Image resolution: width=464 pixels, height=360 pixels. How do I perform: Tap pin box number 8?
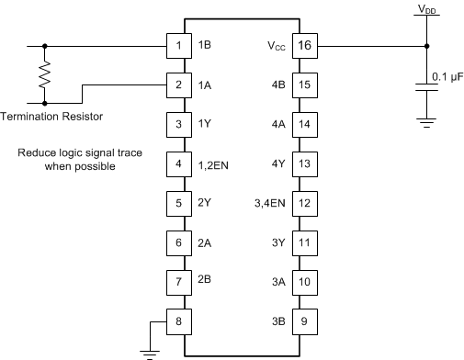point(176,322)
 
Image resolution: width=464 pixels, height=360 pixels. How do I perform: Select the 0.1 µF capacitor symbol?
point(426,87)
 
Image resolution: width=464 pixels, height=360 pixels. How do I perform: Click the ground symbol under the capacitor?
point(426,121)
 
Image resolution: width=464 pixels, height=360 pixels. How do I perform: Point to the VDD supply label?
point(427,9)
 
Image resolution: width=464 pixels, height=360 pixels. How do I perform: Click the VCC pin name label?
point(276,45)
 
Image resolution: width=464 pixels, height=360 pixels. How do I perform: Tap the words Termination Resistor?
point(51,116)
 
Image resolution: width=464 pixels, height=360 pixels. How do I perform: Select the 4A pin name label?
point(278,124)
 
